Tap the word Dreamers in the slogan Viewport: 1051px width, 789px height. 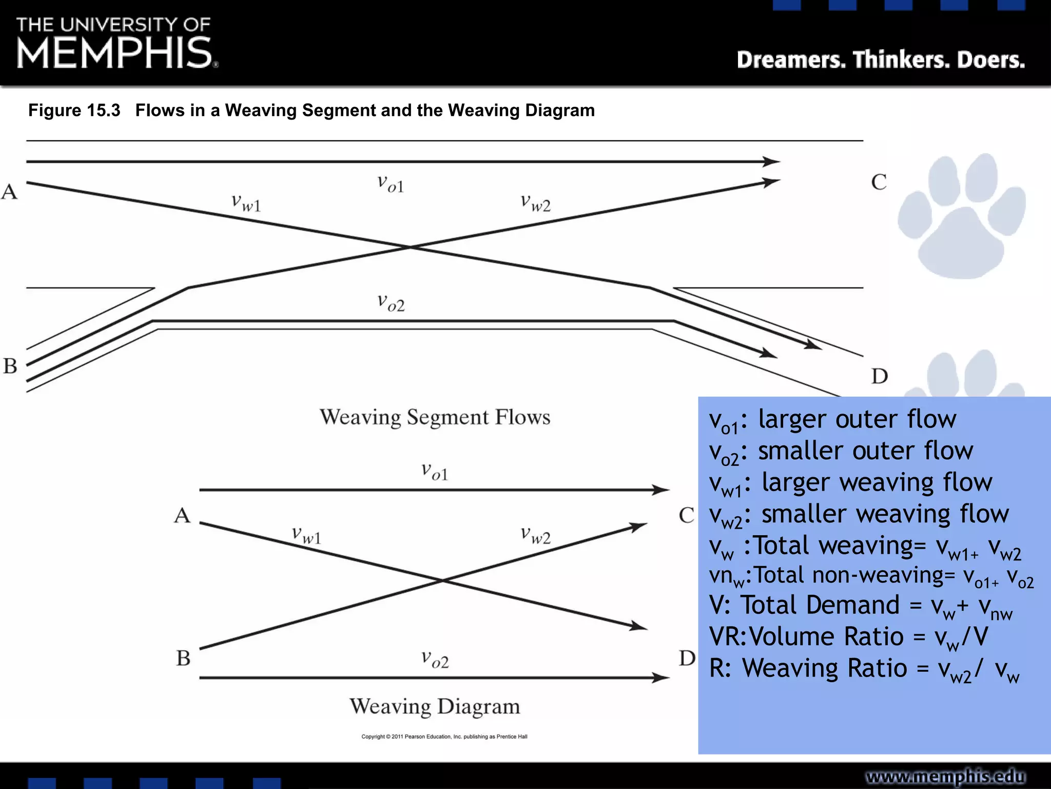tap(791, 60)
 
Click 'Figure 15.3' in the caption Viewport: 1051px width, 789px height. tap(74, 110)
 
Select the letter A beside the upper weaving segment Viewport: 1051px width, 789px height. tap(9, 192)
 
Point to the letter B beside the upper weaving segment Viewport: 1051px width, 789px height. tap(10, 366)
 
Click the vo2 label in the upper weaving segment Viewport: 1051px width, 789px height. tap(391, 303)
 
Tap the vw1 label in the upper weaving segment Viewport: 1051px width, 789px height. tap(246, 203)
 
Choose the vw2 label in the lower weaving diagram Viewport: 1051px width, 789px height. tap(535, 535)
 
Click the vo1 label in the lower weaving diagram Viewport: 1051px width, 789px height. tap(435, 472)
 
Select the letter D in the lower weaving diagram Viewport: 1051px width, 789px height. tap(687, 658)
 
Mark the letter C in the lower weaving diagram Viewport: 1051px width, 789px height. tap(686, 515)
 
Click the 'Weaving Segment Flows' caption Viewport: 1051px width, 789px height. tap(435, 417)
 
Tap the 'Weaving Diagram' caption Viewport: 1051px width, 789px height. tap(435, 706)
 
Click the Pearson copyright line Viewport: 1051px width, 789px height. tap(444, 737)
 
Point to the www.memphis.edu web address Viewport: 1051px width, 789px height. tap(945, 776)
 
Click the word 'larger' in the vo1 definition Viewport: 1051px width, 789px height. tap(793, 419)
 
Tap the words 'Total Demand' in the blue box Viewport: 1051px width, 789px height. tap(820, 605)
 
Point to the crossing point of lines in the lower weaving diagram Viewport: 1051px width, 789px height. tap(442, 580)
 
